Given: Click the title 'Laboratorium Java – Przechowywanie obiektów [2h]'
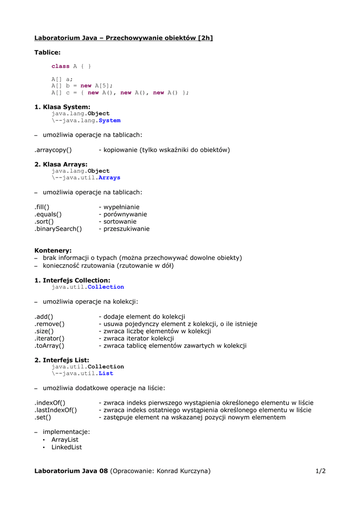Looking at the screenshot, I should click(123, 38).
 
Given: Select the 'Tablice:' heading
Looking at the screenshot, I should click(47, 52).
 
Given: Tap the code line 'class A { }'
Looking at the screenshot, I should click(71, 66).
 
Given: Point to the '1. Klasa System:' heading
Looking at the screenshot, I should click(62, 107).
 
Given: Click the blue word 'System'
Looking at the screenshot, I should click(109, 120).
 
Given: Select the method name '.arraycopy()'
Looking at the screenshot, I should click(53, 150).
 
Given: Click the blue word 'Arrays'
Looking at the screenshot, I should click(109, 177).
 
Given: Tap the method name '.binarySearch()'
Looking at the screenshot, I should click(58, 229).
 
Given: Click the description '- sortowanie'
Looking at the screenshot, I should click(117, 222).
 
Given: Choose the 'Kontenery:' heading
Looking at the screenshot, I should click(53, 251).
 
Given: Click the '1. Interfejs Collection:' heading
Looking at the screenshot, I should click(72, 280).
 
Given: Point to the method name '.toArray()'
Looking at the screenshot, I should click(49, 346).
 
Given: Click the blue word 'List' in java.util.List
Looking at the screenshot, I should click(106, 373).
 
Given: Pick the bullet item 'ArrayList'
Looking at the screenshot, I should click(65, 440).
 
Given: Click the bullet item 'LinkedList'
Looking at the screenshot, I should click(67, 447).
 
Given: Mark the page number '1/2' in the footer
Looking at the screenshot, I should click(320, 471).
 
